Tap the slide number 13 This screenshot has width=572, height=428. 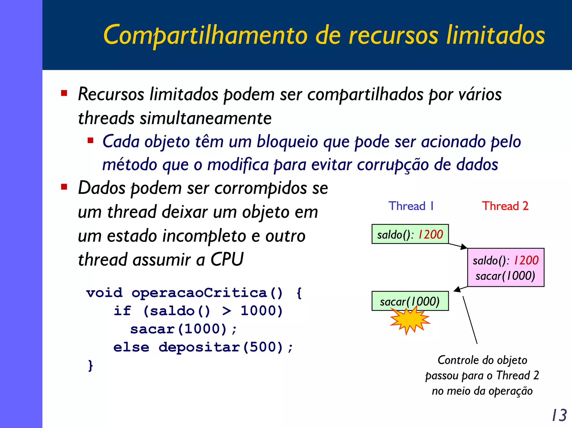click(559, 415)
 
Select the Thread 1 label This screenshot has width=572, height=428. click(411, 206)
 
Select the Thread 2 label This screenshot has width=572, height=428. click(505, 206)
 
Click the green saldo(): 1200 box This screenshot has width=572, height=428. click(410, 234)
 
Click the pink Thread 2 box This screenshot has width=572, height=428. click(506, 268)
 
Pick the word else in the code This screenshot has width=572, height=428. click(131, 347)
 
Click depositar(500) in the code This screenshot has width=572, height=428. click(221, 347)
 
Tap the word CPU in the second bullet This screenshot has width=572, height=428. click(227, 259)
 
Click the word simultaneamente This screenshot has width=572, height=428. click(206, 118)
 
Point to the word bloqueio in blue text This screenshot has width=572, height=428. click(287, 141)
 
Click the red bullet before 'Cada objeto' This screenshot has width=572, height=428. click(90, 140)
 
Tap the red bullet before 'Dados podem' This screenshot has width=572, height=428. click(64, 186)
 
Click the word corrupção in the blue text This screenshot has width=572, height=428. click(393, 165)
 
